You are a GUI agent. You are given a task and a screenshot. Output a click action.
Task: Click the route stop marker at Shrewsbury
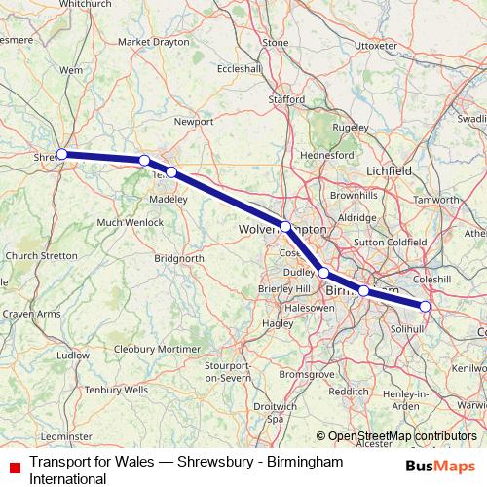[x=61, y=154]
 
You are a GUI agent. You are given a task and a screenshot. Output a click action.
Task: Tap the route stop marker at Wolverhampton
[x=285, y=226]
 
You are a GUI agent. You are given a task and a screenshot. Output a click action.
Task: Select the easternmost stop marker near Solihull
[x=425, y=306]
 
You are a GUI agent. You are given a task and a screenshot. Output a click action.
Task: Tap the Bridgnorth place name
[x=179, y=258]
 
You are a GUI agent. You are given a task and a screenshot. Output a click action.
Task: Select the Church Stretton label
[x=41, y=256]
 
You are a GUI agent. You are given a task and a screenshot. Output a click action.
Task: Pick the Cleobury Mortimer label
[x=157, y=348]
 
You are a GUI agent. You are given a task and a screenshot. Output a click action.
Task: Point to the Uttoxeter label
[x=376, y=46]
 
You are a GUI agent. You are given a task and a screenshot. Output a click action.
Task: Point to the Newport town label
[x=193, y=122]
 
